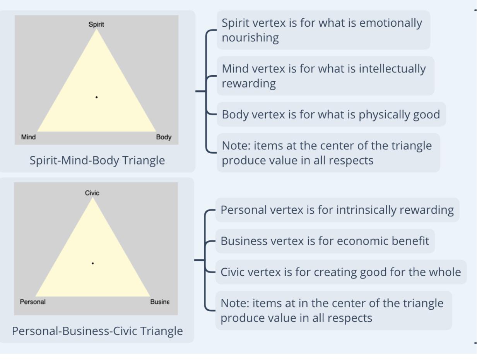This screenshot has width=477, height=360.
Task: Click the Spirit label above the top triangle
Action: [x=96, y=24]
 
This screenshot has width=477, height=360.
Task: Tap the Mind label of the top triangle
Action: [x=28, y=137]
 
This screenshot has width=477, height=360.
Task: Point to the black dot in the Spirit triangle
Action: [x=96, y=97]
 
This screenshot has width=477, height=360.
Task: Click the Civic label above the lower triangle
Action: [x=92, y=193]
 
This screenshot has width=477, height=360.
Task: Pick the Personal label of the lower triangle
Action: [x=32, y=302]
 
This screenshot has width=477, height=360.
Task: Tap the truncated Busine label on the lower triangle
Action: [x=160, y=302]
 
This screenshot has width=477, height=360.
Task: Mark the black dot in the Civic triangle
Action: [x=93, y=263]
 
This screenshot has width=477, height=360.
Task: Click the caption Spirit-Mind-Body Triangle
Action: [x=97, y=160]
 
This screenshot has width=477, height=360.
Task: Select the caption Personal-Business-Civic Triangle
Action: [x=97, y=331]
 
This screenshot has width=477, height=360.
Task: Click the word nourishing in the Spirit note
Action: [x=250, y=38]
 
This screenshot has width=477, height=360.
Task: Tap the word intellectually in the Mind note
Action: [x=387, y=69]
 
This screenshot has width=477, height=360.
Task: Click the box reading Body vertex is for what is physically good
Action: [x=331, y=115]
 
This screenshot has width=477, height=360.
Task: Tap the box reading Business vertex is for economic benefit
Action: [x=325, y=241]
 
